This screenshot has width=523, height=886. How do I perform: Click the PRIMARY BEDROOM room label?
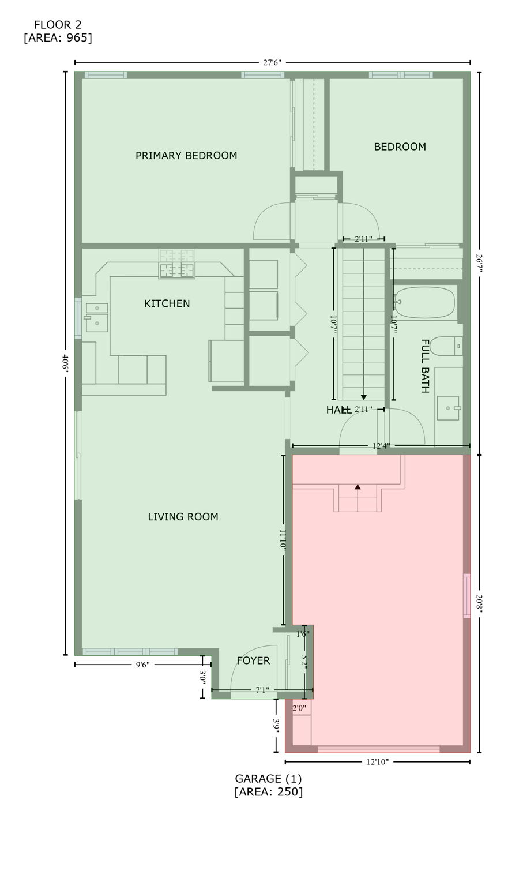click(x=186, y=156)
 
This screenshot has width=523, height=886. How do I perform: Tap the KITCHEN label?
click(x=167, y=304)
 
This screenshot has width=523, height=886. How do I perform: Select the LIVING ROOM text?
click(x=183, y=517)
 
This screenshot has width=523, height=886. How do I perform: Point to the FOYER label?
click(x=253, y=661)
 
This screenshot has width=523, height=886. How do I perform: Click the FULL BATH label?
click(x=424, y=366)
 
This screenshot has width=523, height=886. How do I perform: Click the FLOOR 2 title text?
click(x=58, y=25)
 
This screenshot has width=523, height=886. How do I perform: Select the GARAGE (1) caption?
click(x=268, y=779)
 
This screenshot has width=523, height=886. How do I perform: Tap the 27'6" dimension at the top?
click(x=272, y=63)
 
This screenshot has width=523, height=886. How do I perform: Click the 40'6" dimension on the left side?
click(x=66, y=363)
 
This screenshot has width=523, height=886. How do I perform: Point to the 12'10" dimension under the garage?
click(x=377, y=762)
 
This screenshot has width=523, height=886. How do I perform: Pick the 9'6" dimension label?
click(x=142, y=665)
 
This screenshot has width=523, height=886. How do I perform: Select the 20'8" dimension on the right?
click(x=479, y=603)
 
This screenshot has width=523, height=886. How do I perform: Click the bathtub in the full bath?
click(x=425, y=303)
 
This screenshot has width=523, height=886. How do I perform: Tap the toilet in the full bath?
click(x=445, y=346)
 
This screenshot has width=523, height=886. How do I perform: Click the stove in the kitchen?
click(x=176, y=269)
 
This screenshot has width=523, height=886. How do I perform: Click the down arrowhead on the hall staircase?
click(x=364, y=397)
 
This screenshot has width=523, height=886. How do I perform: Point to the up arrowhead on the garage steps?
click(x=358, y=487)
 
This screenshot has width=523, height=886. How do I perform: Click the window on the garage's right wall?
click(x=466, y=596)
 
